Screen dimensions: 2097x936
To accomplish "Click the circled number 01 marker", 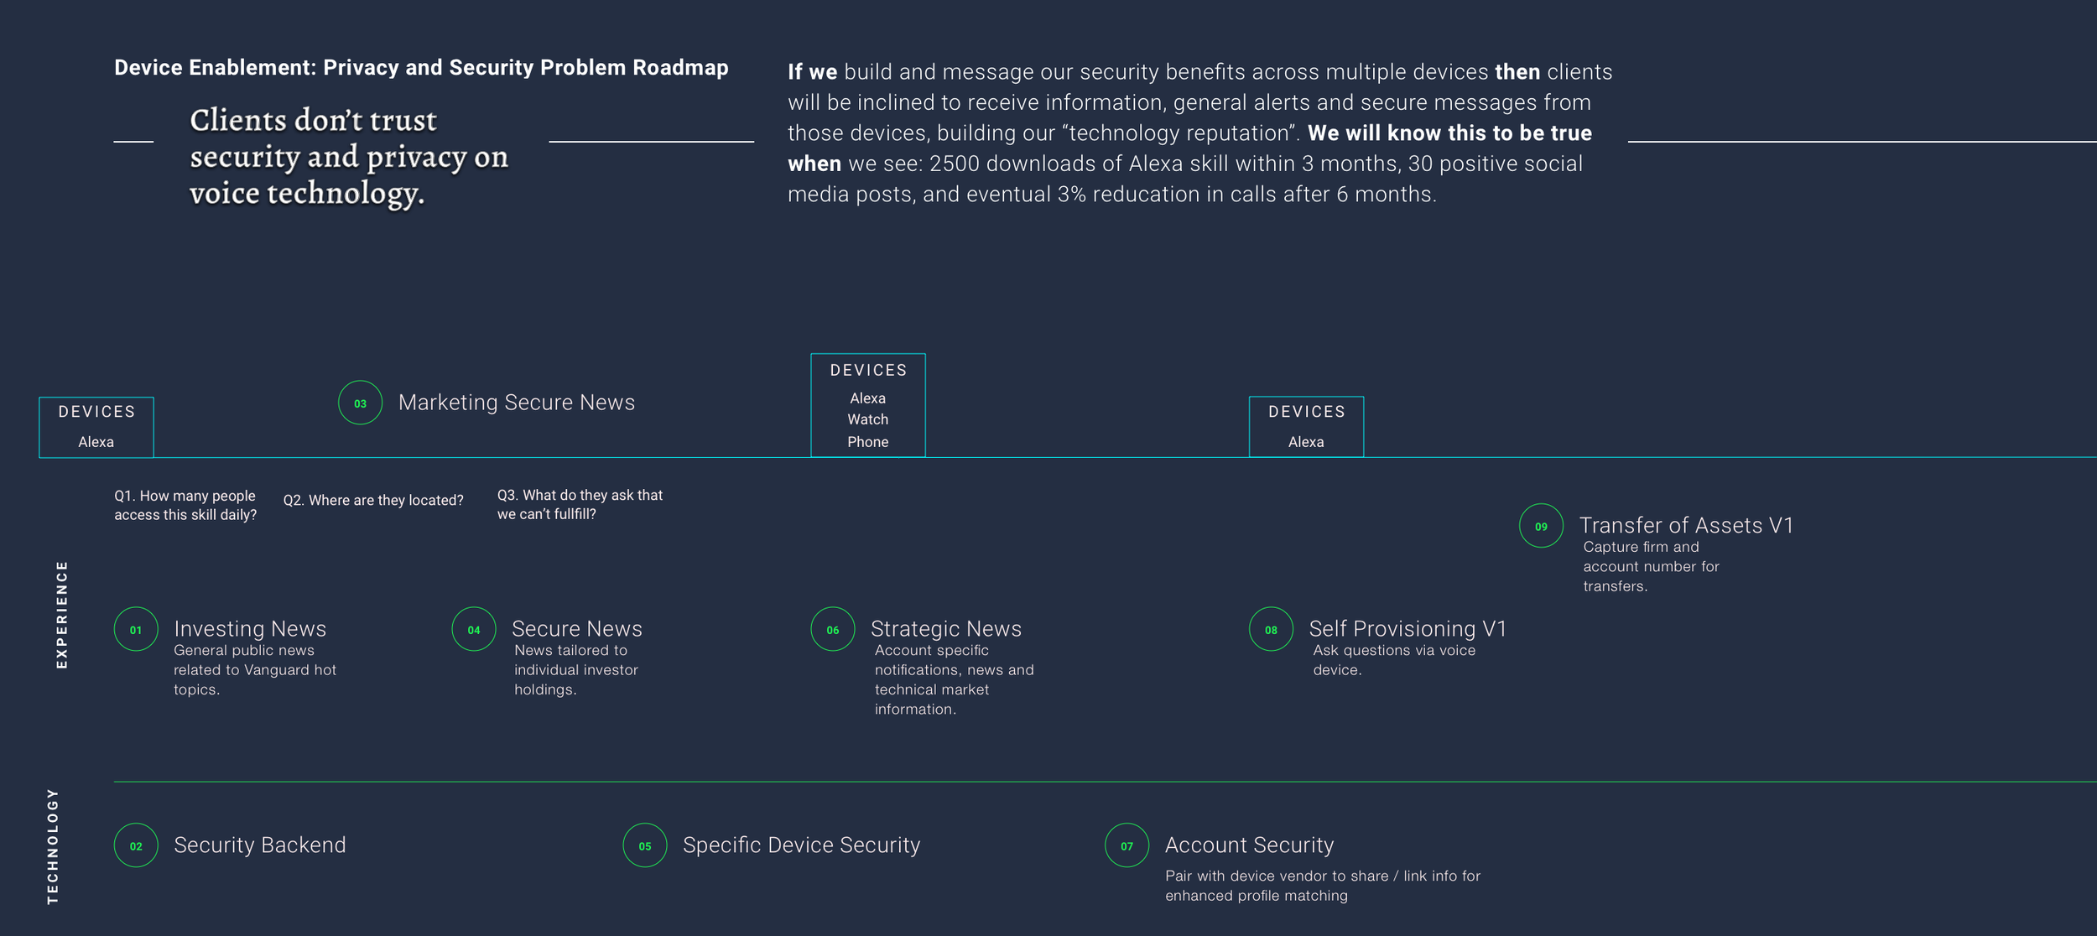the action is [x=136, y=629].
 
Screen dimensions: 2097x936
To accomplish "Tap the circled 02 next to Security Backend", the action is [x=136, y=845].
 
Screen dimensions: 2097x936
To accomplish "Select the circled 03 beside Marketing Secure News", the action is [x=360, y=403].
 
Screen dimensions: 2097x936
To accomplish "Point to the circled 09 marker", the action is [x=1541, y=526].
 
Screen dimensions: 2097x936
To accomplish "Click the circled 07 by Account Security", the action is [x=1127, y=845].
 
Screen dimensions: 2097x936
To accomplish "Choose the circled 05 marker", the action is [x=644, y=845].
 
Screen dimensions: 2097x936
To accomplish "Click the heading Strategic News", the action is [x=945, y=628].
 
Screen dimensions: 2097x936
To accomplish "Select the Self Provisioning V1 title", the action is [x=1408, y=628].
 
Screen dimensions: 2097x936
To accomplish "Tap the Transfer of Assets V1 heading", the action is [x=1686, y=525].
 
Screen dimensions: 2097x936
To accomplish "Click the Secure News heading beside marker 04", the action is [x=576, y=628].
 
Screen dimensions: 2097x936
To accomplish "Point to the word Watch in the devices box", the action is [x=867, y=419].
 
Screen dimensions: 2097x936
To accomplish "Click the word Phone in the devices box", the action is [x=867, y=442].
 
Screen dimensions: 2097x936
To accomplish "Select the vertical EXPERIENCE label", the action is [x=61, y=615].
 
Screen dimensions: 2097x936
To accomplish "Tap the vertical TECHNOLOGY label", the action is [x=53, y=846].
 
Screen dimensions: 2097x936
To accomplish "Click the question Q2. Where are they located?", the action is [x=373, y=501].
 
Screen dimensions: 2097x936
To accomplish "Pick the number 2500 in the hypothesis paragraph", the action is [x=955, y=164].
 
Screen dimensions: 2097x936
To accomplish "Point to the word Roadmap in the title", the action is [x=680, y=68].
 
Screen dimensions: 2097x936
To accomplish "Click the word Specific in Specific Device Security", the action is [x=721, y=845].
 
